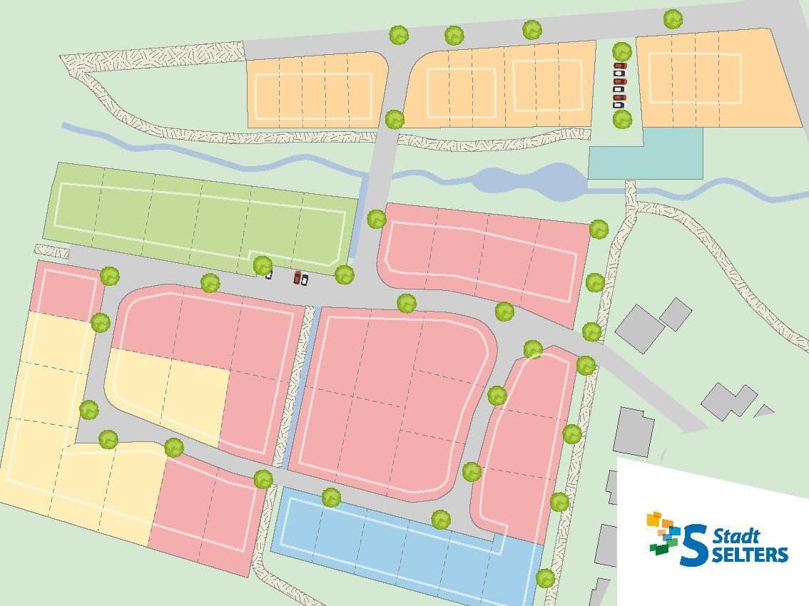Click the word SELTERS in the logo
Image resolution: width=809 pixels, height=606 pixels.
click(x=749, y=554)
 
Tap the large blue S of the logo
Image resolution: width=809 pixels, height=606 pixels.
click(x=694, y=545)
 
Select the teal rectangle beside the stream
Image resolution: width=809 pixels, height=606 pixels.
click(x=646, y=154)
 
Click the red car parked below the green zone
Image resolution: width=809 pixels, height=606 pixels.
click(x=297, y=277)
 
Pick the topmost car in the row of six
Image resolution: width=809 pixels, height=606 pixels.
click(x=620, y=66)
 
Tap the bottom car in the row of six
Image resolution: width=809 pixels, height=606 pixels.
click(x=619, y=105)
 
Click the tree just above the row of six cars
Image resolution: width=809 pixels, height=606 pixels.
click(x=622, y=51)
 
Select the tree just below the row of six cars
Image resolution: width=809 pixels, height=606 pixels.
click(x=622, y=119)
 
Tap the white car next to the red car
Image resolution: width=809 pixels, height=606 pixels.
click(x=305, y=279)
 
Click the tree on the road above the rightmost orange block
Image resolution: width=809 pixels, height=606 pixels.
click(x=673, y=19)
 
